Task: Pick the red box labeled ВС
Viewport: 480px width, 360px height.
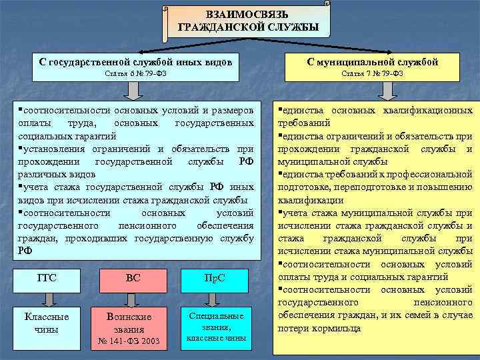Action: click(133, 278)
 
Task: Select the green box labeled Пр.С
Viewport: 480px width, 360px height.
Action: click(215, 278)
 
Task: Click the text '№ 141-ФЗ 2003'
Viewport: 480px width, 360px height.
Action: click(133, 341)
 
